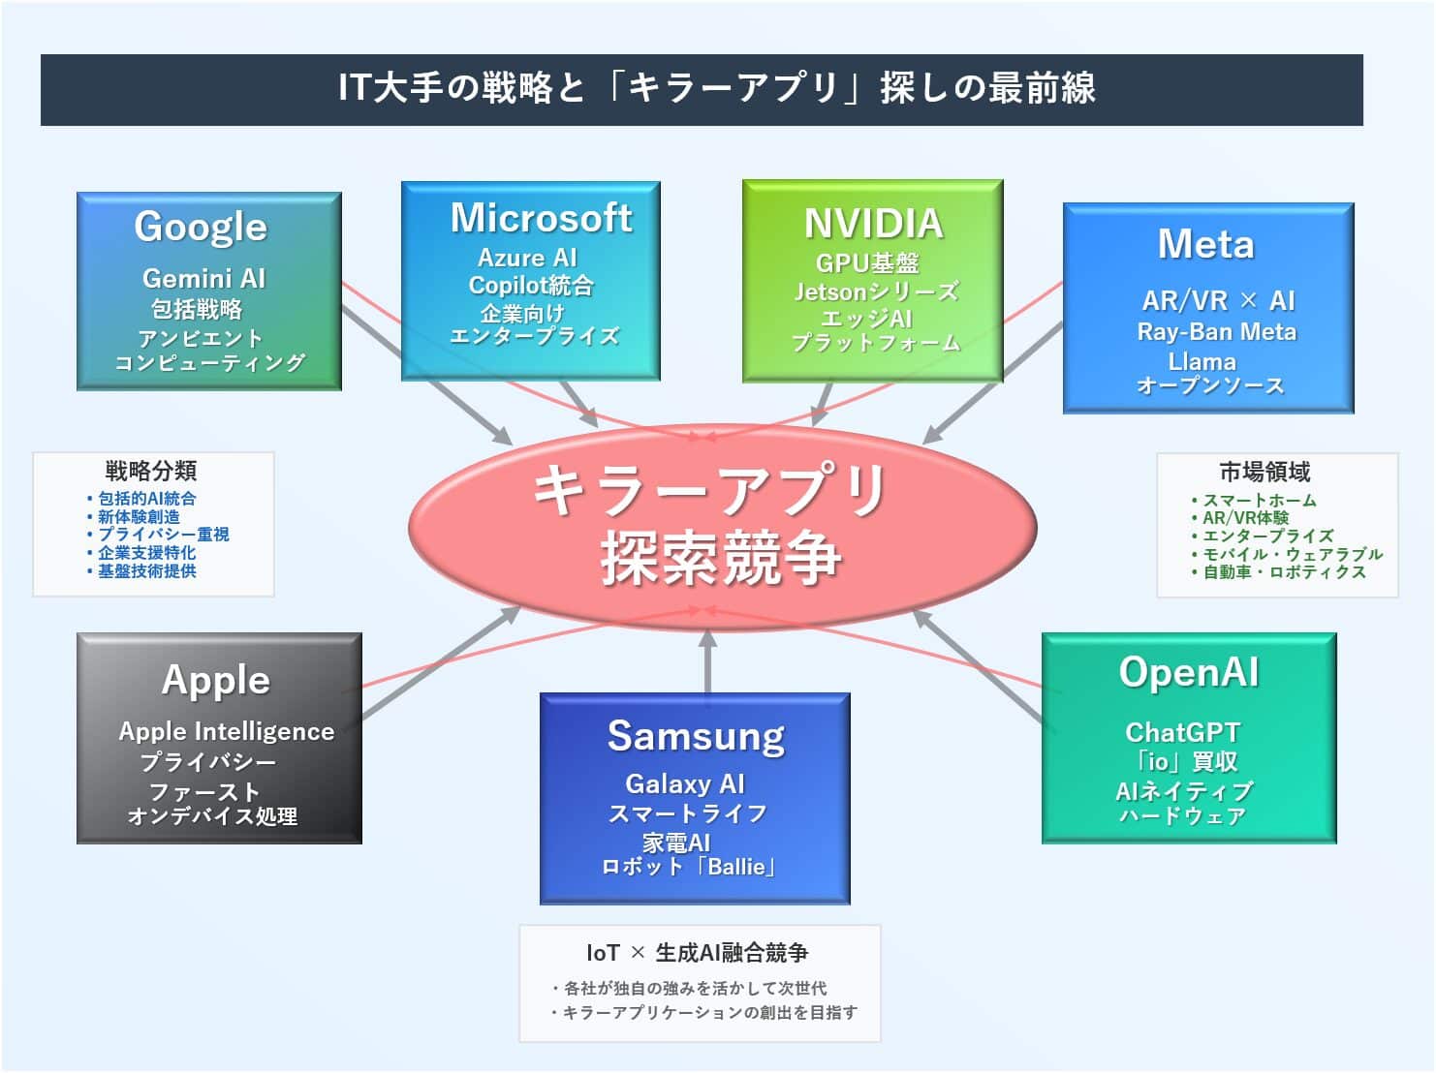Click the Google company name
pyautogui.click(x=201, y=227)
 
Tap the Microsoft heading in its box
pyautogui.click(x=541, y=218)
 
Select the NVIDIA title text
pyautogui.click(x=873, y=224)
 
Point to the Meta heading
pyautogui.click(x=1205, y=244)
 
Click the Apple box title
pyautogui.click(x=215, y=680)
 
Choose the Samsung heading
pyautogui.click(x=696, y=736)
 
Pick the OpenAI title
pyautogui.click(x=1188, y=672)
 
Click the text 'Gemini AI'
pyautogui.click(x=203, y=279)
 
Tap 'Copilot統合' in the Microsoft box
pyautogui.click(x=531, y=286)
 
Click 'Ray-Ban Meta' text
pyautogui.click(x=1216, y=332)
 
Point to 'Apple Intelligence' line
pyautogui.click(x=226, y=731)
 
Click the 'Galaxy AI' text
pyautogui.click(x=684, y=783)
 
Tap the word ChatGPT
pyautogui.click(x=1182, y=732)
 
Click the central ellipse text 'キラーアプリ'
pyautogui.click(x=710, y=489)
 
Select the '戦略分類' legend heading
pyautogui.click(x=151, y=472)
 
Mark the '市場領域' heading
pyautogui.click(x=1264, y=473)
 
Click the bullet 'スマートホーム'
pyautogui.click(x=1259, y=501)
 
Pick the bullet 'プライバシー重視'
pyautogui.click(x=163, y=535)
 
